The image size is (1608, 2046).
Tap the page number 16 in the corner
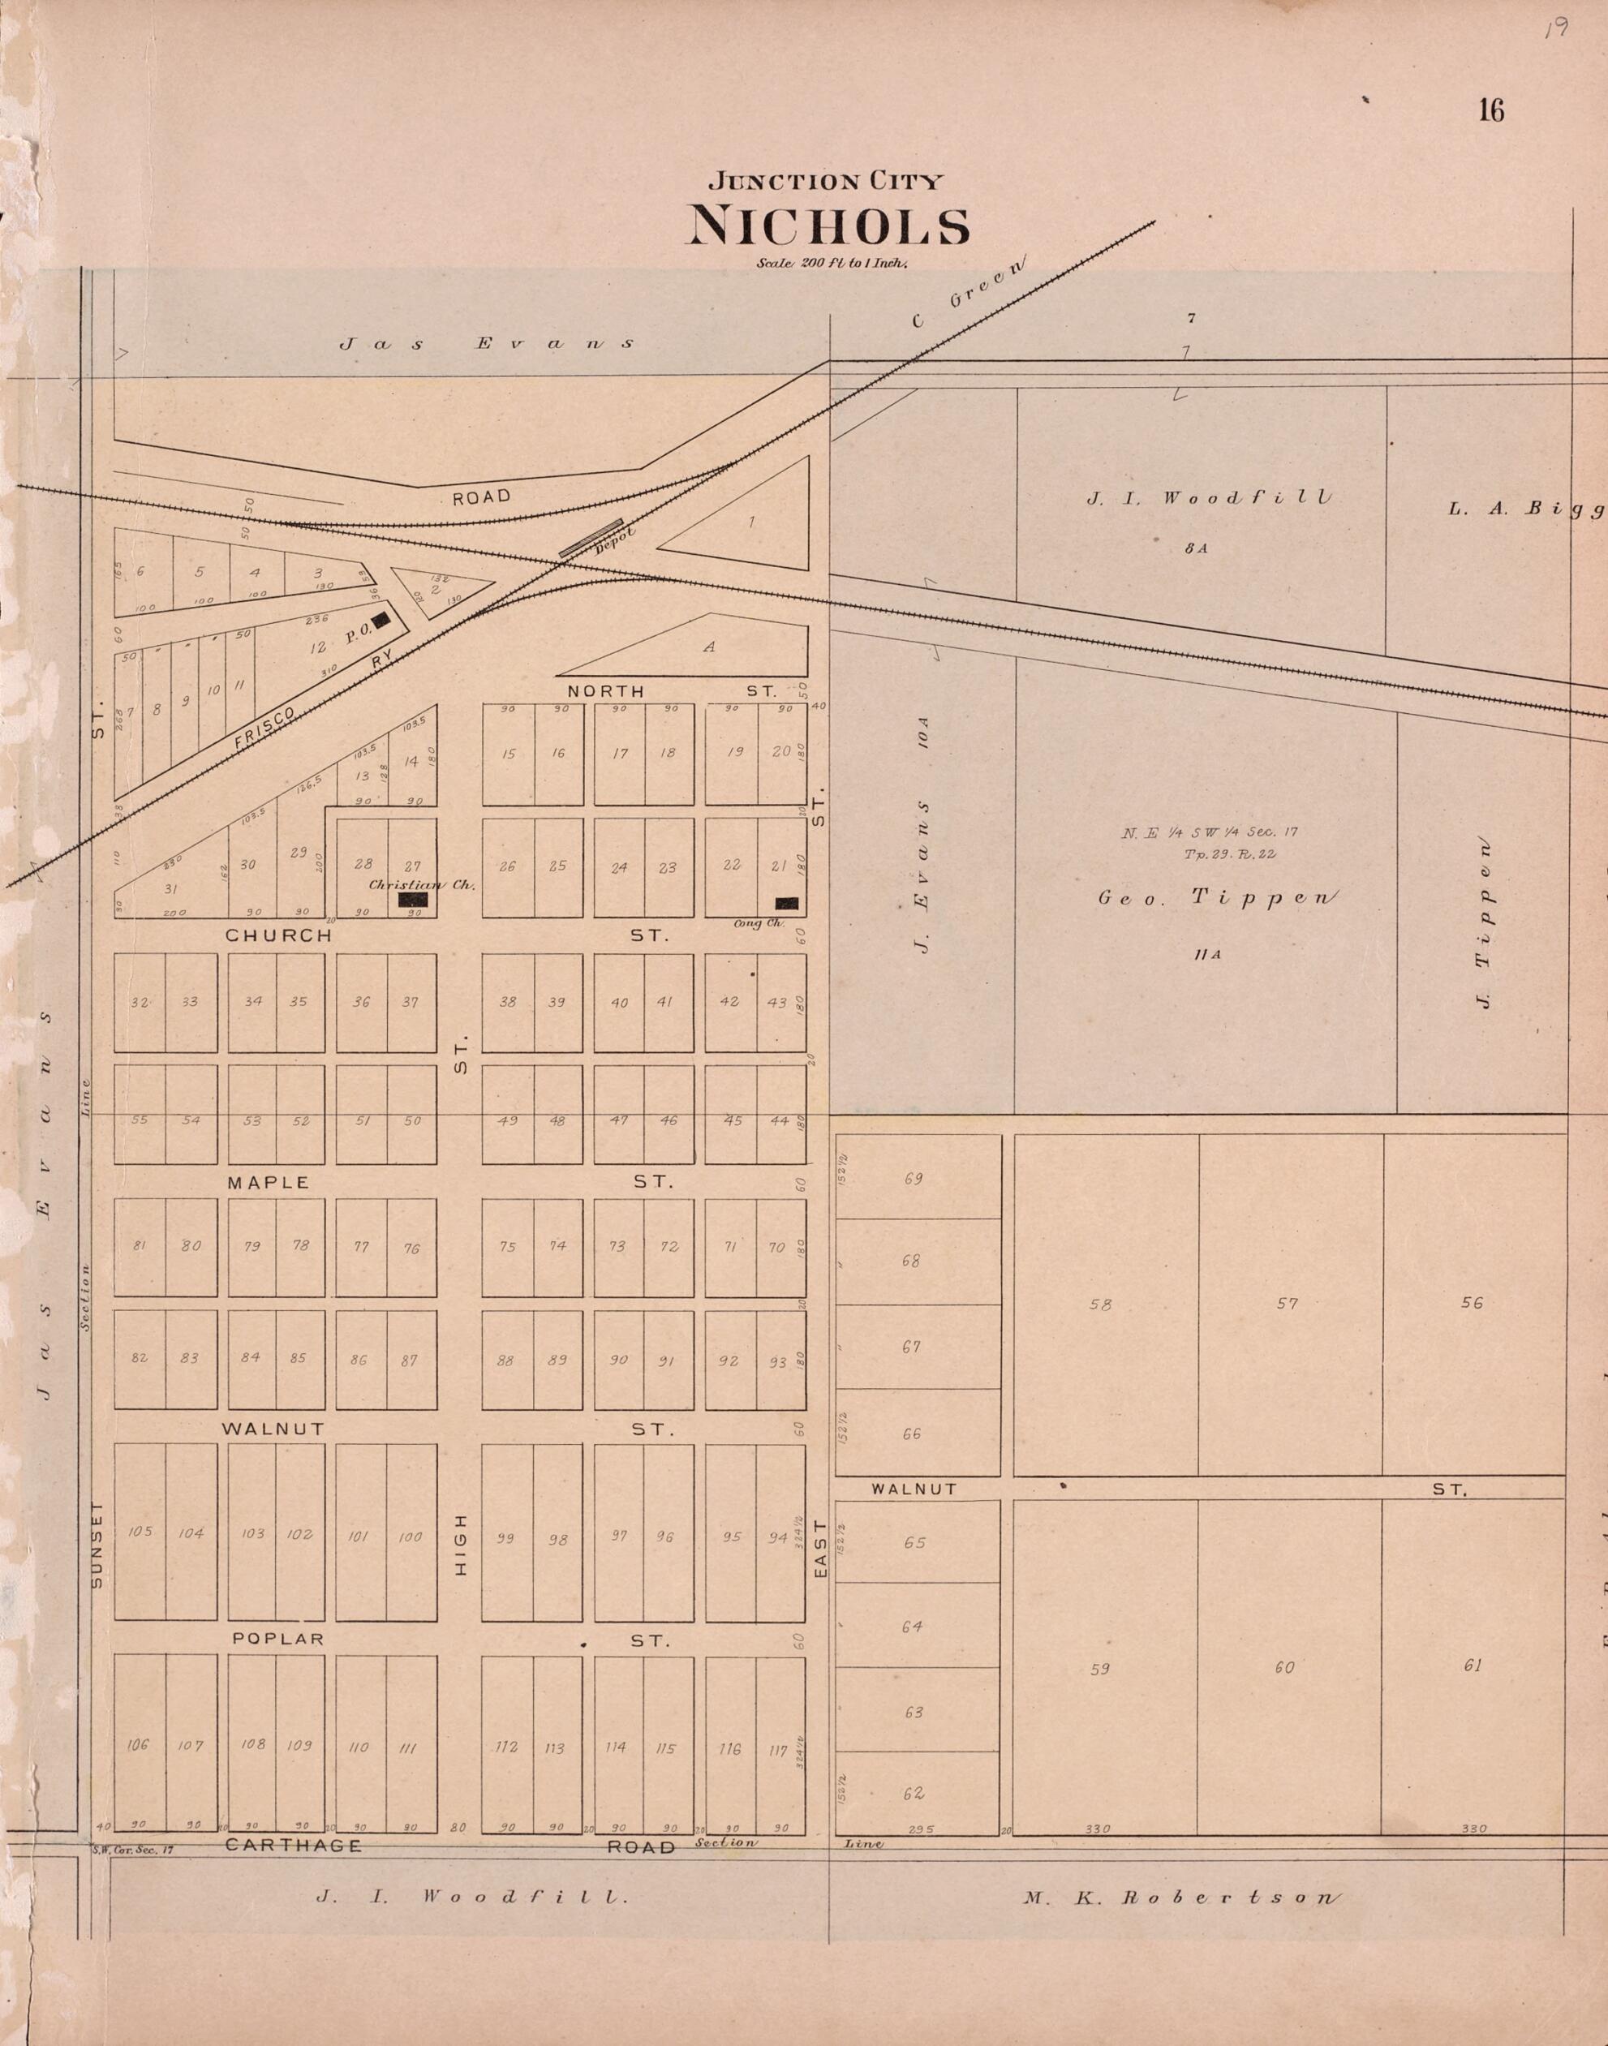pos(1490,111)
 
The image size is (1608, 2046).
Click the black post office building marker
pos(381,620)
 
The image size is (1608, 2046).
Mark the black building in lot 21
pos(787,903)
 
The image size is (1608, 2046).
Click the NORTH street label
pos(605,691)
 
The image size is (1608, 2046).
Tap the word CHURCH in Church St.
pos(277,936)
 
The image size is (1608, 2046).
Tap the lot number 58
pos(1099,1305)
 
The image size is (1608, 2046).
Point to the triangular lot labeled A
pos(709,647)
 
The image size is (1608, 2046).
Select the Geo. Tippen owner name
pos(1215,897)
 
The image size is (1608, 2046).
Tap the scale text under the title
pos(830,264)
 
